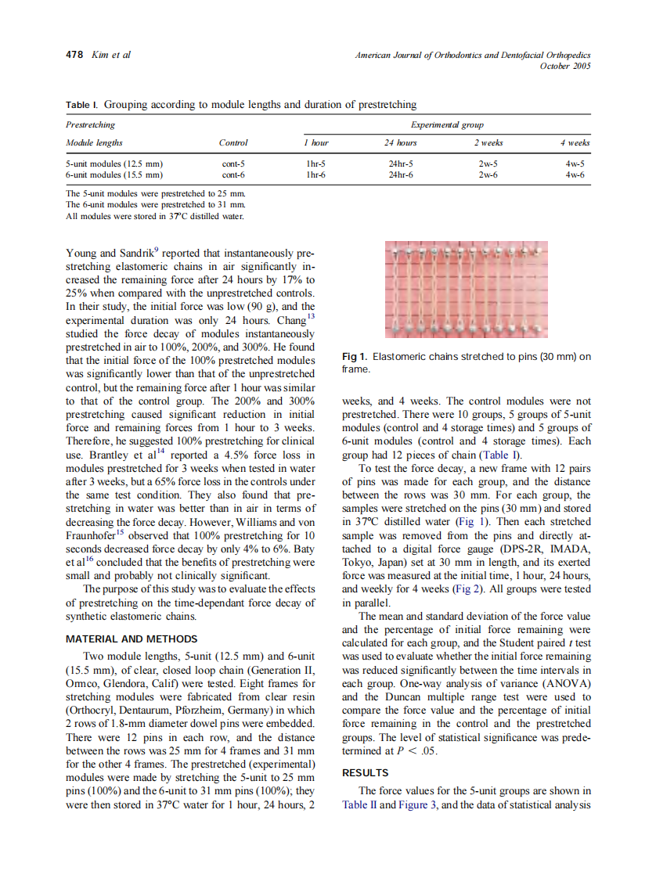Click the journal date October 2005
coord(565,66)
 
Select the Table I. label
coord(82,104)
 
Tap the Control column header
coord(233,142)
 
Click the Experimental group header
coord(447,124)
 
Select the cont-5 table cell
coord(233,164)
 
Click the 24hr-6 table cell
coord(401,175)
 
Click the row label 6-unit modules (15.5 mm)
coord(114,175)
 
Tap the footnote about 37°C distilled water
coord(154,216)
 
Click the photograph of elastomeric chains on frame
coord(467,290)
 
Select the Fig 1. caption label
coord(355,357)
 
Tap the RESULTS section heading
coord(365,772)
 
